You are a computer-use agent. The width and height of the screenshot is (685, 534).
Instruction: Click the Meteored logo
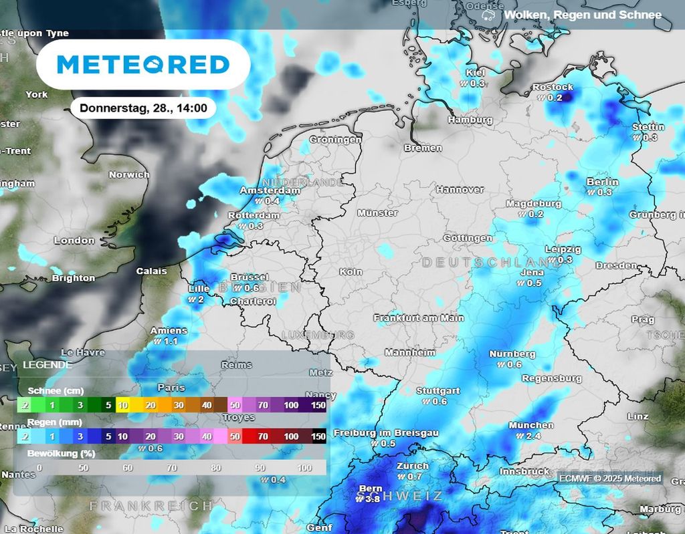(x=143, y=65)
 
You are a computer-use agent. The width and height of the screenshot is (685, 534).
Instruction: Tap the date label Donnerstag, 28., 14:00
(x=143, y=108)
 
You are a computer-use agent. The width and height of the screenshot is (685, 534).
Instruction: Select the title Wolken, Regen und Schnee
(x=583, y=15)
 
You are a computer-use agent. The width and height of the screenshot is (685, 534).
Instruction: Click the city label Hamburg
(x=470, y=120)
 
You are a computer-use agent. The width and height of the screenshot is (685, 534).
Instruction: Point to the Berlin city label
(x=602, y=182)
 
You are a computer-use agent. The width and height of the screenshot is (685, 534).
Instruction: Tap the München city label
(x=531, y=425)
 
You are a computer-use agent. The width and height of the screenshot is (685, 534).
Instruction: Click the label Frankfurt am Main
(x=419, y=318)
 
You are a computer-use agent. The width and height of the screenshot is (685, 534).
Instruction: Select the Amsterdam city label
(x=270, y=190)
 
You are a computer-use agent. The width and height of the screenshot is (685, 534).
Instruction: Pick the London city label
(x=74, y=240)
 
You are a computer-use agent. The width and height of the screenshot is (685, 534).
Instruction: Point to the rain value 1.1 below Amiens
(x=169, y=341)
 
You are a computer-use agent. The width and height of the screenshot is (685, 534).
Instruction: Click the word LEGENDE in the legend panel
(x=47, y=365)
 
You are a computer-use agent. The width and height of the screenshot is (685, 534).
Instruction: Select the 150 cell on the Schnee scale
(x=318, y=405)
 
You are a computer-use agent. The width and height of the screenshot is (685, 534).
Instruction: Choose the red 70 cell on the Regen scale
(x=263, y=436)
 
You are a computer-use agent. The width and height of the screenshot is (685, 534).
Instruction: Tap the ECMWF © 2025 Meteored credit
(x=610, y=478)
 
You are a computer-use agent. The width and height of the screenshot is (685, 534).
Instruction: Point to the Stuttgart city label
(x=438, y=391)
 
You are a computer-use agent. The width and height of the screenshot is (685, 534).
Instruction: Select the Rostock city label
(x=553, y=88)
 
